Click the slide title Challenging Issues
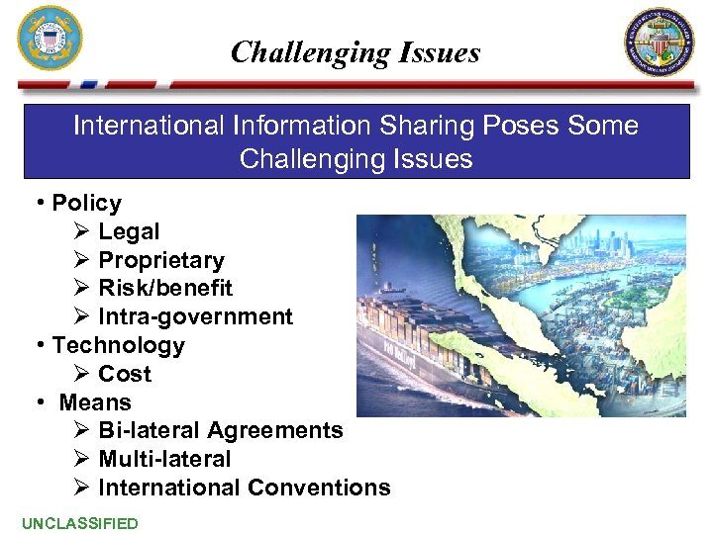pos(355,52)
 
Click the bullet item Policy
pos(86,204)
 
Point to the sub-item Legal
pos(129,232)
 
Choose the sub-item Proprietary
pos(161,261)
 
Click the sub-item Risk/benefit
pos(165,289)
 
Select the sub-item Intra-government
pos(195,317)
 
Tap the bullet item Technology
pos(118,346)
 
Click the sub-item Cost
pos(125,375)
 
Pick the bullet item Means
pos(95,403)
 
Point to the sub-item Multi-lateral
pos(164,460)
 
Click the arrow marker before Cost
pos(82,375)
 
